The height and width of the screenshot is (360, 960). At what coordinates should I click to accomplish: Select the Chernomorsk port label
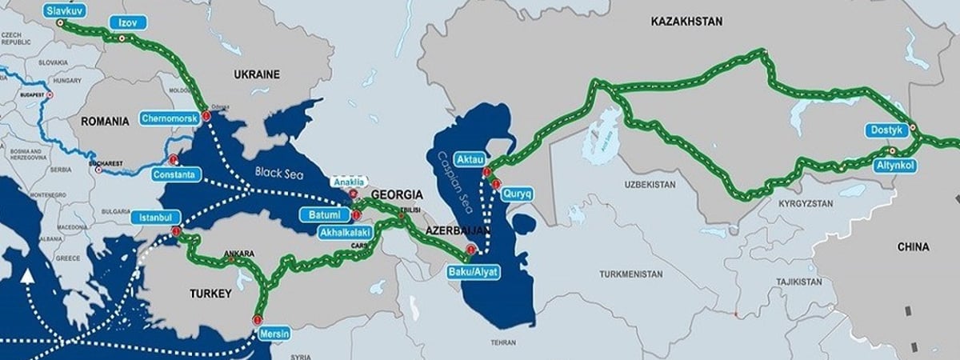(169, 118)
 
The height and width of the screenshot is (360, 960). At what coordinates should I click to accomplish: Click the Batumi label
(325, 214)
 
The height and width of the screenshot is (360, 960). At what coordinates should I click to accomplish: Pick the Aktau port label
(470, 158)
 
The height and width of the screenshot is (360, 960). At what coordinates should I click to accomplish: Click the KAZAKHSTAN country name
(686, 19)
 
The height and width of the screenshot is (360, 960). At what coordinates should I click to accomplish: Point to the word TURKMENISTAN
(631, 274)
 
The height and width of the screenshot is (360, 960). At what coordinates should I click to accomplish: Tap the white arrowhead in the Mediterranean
(28, 277)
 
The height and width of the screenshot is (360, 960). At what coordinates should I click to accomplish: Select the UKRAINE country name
(256, 74)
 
